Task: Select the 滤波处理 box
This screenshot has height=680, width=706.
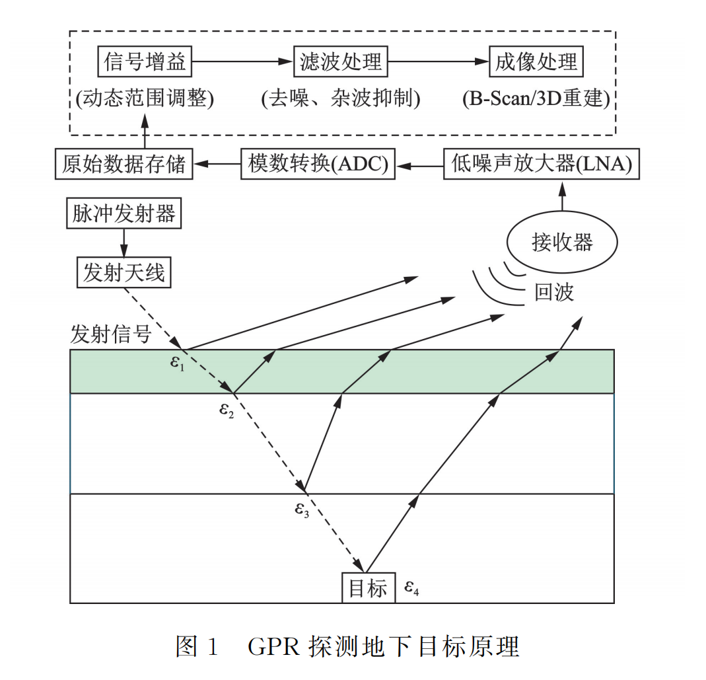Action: [340, 62]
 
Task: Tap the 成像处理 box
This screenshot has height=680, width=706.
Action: [536, 62]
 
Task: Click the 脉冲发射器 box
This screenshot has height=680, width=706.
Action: [124, 213]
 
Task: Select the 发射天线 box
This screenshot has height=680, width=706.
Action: [124, 272]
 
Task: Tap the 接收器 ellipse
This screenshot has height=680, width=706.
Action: [562, 241]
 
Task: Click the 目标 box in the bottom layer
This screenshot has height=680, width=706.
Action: [368, 587]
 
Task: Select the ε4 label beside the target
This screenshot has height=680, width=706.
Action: [411, 587]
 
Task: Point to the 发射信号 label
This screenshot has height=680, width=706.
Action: [110, 334]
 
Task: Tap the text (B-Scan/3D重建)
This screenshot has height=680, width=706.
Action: [536, 99]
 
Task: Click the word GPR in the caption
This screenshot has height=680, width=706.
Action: [272, 646]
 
